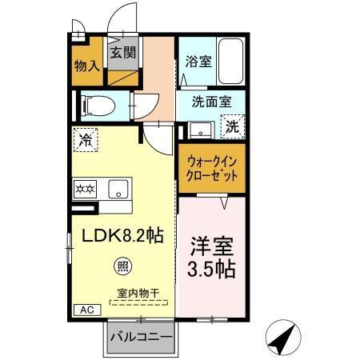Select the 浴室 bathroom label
click(x=198, y=61)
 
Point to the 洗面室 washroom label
click(x=212, y=102)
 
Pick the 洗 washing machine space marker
click(x=231, y=126)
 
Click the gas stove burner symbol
click(x=86, y=190)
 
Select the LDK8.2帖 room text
click(x=120, y=237)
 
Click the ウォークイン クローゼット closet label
click(x=210, y=170)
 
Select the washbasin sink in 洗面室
click(x=201, y=128)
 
